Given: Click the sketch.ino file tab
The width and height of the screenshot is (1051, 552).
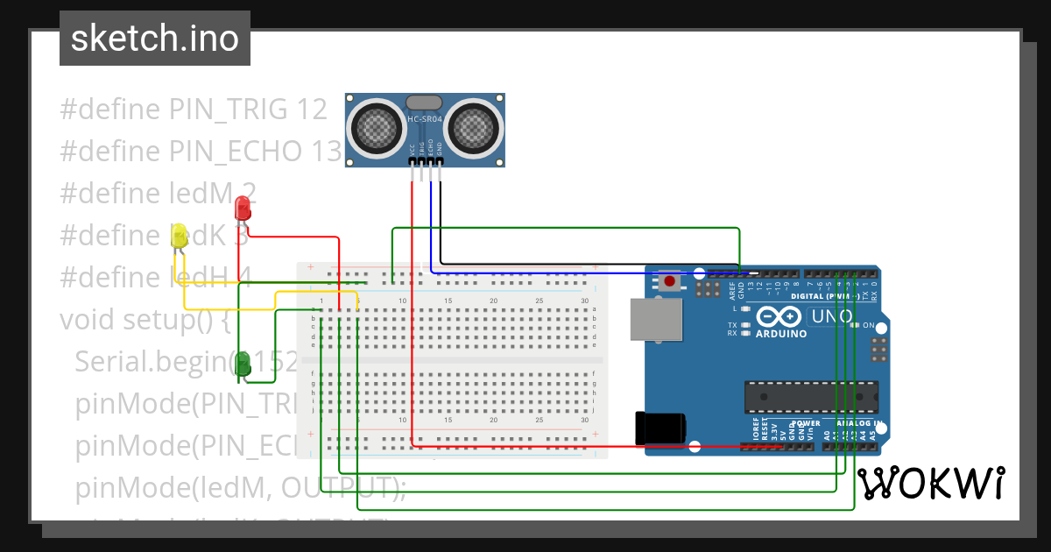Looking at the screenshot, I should [154, 39].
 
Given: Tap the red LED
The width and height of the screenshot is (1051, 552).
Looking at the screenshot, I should [243, 209].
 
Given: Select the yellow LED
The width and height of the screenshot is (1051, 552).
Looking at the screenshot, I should [179, 236].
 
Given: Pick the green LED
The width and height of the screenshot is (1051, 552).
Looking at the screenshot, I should [243, 364].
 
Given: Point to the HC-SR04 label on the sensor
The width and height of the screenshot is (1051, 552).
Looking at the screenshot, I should [426, 119].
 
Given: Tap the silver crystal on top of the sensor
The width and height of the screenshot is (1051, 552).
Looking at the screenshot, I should [426, 103].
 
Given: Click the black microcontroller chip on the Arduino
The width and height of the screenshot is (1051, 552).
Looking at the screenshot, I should [810, 397].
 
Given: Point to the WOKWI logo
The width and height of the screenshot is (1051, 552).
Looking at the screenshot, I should [930, 484].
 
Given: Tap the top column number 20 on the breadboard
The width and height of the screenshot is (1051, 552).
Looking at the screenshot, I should [493, 301].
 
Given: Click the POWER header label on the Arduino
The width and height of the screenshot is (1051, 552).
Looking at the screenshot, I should [806, 423].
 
